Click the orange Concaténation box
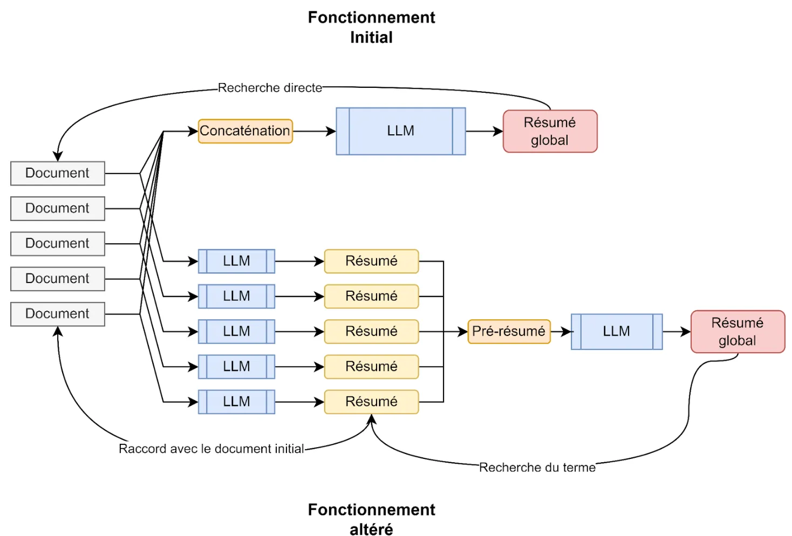245,131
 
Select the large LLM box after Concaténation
400,131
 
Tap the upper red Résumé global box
550,131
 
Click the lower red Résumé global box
737,332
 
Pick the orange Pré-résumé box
509,331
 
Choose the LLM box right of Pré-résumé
616,332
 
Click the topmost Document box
57,173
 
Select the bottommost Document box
57,314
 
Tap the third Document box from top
57,244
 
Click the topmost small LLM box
236,261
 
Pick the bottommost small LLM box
236,402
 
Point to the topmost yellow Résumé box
371,261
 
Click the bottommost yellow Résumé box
371,402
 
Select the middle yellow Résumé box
371,332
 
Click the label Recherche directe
270,88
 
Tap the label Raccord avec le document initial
211,449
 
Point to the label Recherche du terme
537,468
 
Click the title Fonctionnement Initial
371,28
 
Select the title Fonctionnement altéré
371,519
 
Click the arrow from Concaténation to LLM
314,131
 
